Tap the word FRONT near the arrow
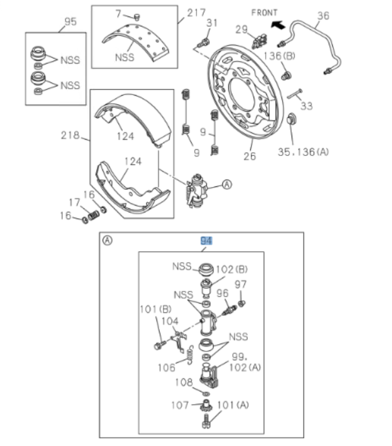pyautogui.click(x=265, y=12)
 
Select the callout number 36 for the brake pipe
pyautogui.click(x=323, y=16)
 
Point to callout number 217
pyautogui.click(x=196, y=12)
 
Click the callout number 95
pyautogui.click(x=70, y=22)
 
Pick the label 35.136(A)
pyautogui.click(x=304, y=151)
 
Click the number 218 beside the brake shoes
pyautogui.click(x=70, y=136)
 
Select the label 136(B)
pyautogui.click(x=279, y=56)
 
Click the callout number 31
pyautogui.click(x=212, y=23)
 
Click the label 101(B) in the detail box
pyautogui.click(x=155, y=309)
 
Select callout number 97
pyautogui.click(x=240, y=285)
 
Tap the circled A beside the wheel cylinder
pyautogui.click(x=226, y=184)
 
